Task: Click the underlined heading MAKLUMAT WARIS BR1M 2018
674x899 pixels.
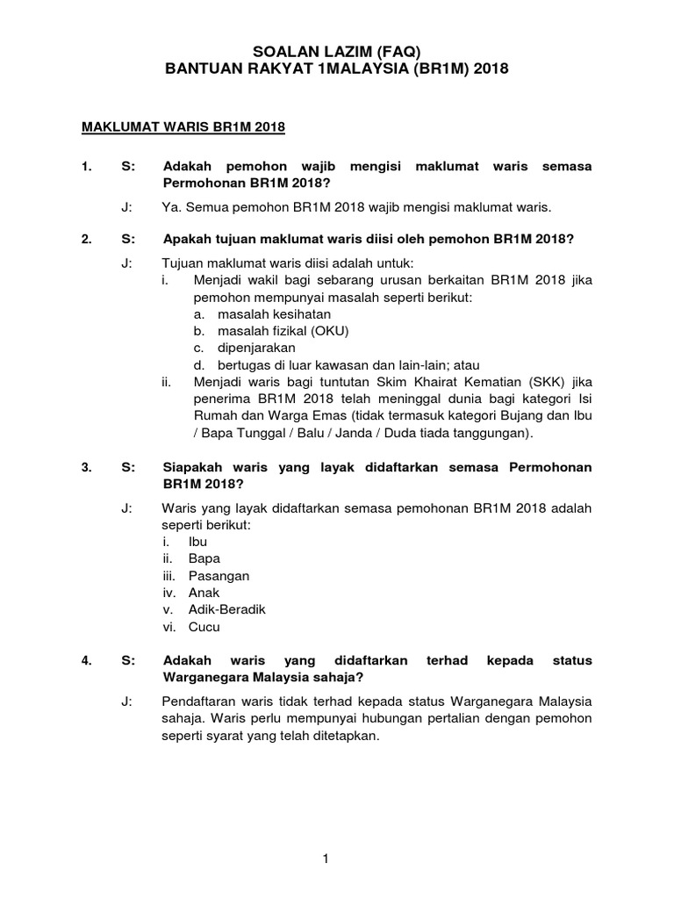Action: point(183,127)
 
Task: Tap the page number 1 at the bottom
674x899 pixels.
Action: point(326,835)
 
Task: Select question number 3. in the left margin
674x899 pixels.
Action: point(86,468)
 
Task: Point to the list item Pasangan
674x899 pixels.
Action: point(219,576)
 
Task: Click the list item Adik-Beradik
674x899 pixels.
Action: point(226,609)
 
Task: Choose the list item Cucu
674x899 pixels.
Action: point(204,627)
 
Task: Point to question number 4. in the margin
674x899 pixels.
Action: point(86,661)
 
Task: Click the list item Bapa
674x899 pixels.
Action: point(204,558)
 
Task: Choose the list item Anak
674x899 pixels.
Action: point(204,593)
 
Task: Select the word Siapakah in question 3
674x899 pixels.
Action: point(196,468)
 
